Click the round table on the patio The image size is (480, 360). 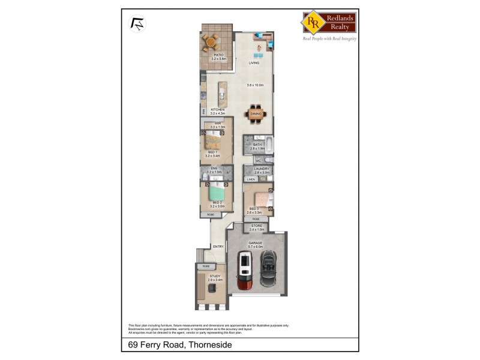[211, 42]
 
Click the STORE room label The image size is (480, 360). [257, 226]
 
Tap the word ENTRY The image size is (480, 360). [218, 247]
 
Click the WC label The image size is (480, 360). [257, 161]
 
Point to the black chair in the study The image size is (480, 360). [212, 289]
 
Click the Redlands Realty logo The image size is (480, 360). [329, 22]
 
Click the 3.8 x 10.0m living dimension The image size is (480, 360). [256, 85]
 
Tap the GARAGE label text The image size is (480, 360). [257, 243]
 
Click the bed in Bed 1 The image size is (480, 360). [215, 142]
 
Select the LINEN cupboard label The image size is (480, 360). [251, 179]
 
